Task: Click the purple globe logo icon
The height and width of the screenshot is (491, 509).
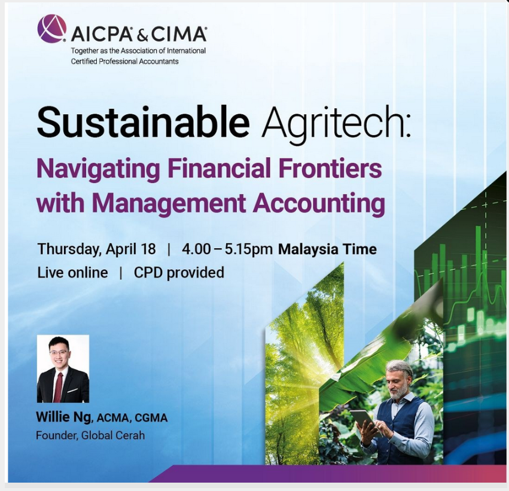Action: tap(52, 29)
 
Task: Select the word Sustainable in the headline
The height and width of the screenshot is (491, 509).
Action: tap(143, 123)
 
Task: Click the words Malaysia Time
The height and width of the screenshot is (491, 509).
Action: tap(328, 249)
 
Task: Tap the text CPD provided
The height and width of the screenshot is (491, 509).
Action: tap(179, 273)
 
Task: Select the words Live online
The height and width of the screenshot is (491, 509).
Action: tap(72, 273)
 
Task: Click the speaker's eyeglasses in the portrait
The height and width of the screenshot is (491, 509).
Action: tap(59, 352)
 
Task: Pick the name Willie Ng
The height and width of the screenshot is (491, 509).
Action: tap(63, 417)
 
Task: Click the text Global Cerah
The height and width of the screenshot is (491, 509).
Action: tap(113, 435)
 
